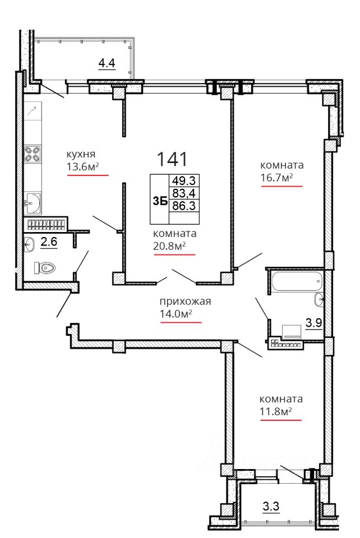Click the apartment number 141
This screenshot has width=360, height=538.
tap(172, 159)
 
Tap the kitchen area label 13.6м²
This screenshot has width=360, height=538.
tap(82, 167)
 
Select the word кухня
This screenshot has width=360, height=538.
tap(81, 154)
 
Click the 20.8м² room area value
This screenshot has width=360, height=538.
tap(169, 246)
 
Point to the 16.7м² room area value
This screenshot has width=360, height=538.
tap(276, 178)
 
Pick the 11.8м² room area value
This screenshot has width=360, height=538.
tap(275, 411)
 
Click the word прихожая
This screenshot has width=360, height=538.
tap(185, 302)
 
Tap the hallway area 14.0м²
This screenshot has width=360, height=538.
tap(176, 314)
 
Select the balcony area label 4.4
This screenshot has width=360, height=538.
tap(107, 63)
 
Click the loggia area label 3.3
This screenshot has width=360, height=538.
tap(271, 506)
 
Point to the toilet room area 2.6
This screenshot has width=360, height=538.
tap(49, 242)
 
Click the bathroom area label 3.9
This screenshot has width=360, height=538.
tap(313, 323)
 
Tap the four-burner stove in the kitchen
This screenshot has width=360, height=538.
tap(33, 154)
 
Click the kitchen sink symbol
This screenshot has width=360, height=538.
tap(33, 203)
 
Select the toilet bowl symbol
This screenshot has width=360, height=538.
tap(45, 268)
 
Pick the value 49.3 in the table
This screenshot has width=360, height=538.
tap(183, 180)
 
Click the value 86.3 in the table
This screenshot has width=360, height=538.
tap(183, 206)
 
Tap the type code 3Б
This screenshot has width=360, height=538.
tap(160, 201)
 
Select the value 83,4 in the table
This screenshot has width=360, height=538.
tap(183, 193)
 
